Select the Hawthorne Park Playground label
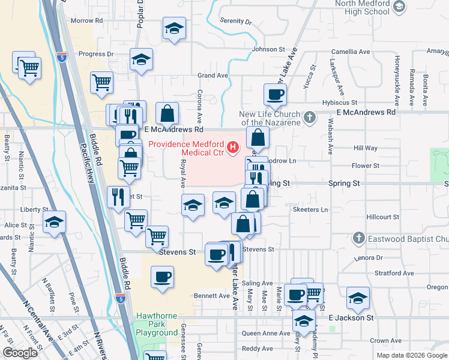coord(156,323)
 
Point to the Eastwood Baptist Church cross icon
coord(359,238)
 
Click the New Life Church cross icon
coord(310,117)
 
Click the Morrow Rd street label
coord(86,20)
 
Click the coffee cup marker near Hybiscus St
coord(275,94)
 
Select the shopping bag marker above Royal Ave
coord(167,112)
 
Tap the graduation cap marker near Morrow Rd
coord(174,28)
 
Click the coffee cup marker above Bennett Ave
coord(163,277)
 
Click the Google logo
coord(20,353)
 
